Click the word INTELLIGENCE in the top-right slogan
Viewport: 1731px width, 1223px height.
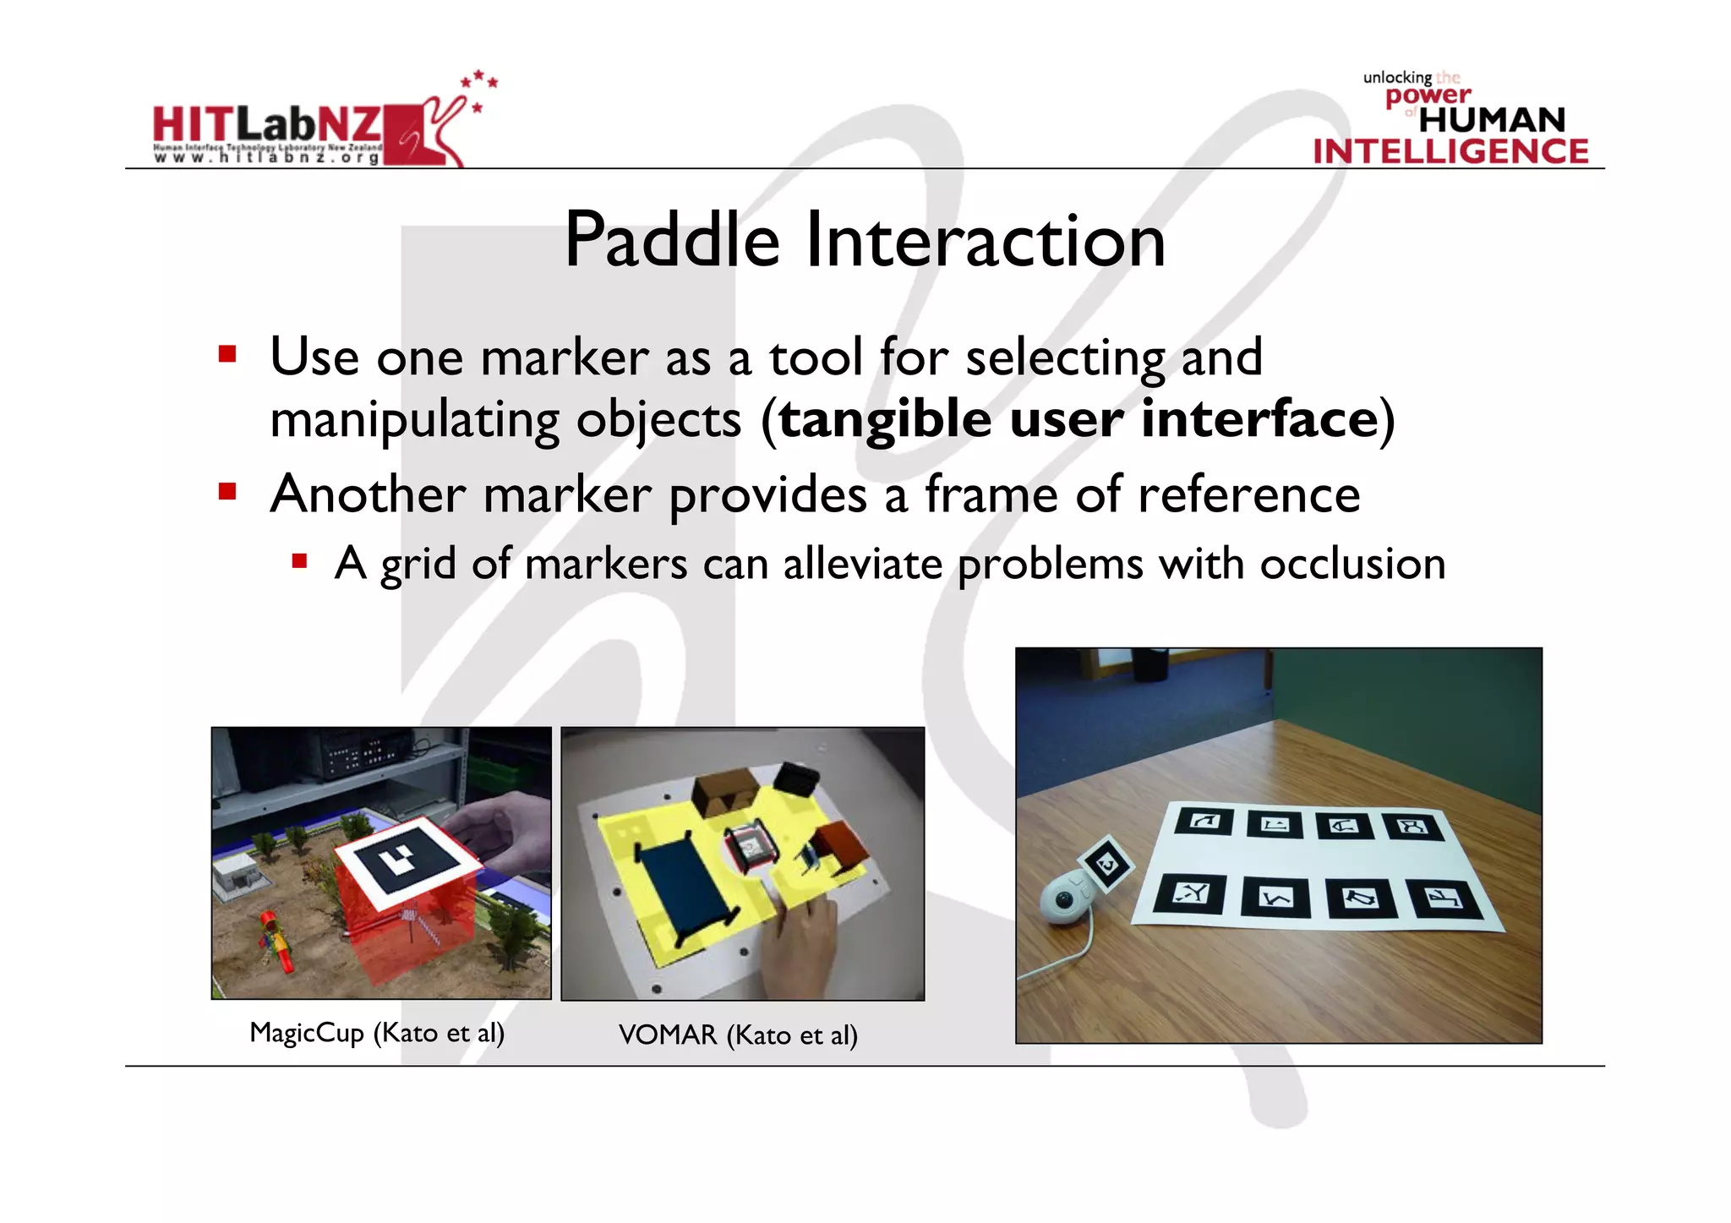[x=1450, y=152]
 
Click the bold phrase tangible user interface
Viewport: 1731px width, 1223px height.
[x=1078, y=419]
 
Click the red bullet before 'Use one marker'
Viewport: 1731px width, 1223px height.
[x=227, y=353]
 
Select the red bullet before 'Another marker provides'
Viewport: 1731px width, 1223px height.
[x=227, y=491]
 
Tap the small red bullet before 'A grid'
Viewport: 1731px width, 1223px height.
[x=299, y=560]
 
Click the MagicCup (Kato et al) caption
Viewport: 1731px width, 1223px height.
[x=377, y=1033]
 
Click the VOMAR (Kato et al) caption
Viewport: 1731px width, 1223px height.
[x=738, y=1035]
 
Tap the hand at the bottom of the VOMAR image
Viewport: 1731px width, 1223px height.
[x=803, y=947]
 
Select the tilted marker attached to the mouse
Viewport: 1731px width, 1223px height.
[x=1107, y=864]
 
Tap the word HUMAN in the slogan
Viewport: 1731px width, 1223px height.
[x=1492, y=120]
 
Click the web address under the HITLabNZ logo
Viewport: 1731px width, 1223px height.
[x=266, y=158]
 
